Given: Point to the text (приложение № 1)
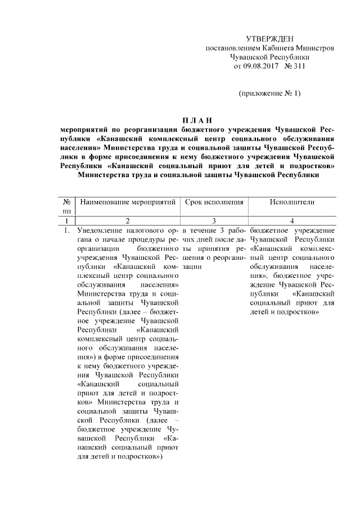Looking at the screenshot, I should click(x=270, y=93).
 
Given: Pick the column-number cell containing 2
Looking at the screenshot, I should click(x=129, y=221).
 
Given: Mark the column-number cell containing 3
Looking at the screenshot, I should click(x=213, y=221).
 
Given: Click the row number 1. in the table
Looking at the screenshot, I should click(x=66, y=231).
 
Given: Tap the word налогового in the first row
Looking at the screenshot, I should click(x=148, y=231).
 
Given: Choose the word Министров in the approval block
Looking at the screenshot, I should click(x=315, y=48).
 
